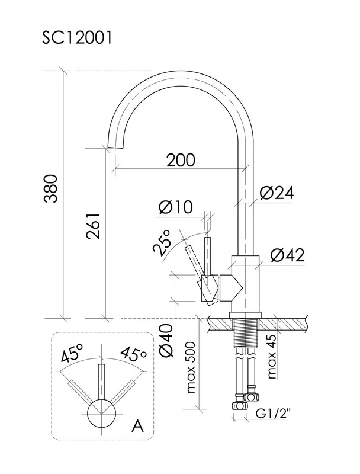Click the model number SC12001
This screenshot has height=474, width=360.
pos(77,38)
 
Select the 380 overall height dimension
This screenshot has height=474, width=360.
pos(50,188)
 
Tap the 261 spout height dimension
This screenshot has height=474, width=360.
pos(93,226)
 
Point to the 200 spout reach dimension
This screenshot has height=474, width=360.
pos(181,160)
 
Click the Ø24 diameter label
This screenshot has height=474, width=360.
pos(277,193)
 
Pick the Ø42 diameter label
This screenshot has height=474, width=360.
pos(288,255)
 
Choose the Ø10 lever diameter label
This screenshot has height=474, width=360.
pos(175,207)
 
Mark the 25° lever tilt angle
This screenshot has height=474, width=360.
pos(162,241)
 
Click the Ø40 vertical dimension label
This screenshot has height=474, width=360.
pos(166,341)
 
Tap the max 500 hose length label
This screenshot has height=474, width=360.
pos(191,367)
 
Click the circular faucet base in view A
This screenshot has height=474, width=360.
pos(102,414)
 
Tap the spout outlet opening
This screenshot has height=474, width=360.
pos(115,147)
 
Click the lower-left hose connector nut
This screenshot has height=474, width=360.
pos(239,405)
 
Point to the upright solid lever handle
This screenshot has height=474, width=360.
pos(207,257)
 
